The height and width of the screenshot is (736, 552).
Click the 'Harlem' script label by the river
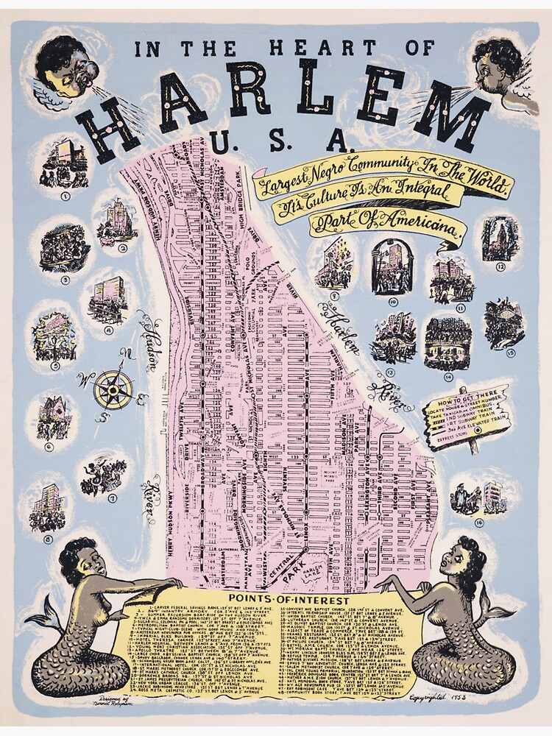click(346, 331)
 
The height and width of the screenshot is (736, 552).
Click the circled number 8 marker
click(48, 539)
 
